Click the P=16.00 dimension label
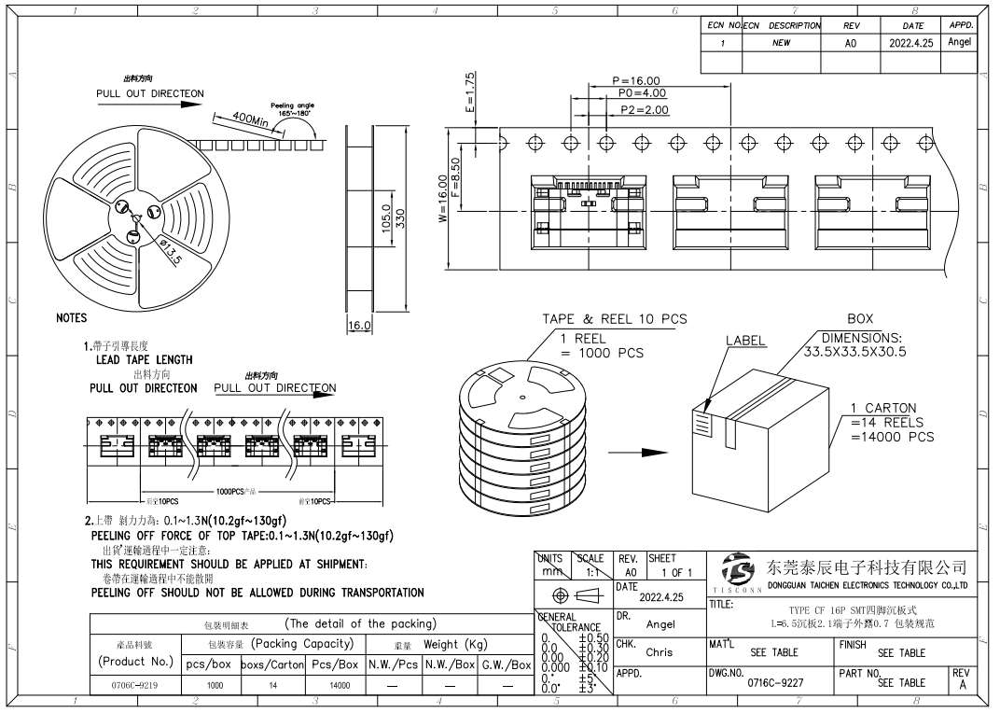click(x=636, y=81)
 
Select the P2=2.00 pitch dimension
click(x=644, y=110)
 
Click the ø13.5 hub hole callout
click(x=169, y=251)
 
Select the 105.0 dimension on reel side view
click(x=384, y=221)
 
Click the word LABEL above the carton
click(x=745, y=341)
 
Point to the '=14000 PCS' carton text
click(x=892, y=437)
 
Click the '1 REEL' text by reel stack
click(x=583, y=338)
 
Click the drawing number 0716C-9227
click(x=776, y=682)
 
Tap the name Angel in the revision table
click(x=959, y=42)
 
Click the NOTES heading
click(x=71, y=318)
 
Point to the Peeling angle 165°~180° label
click(x=292, y=109)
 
